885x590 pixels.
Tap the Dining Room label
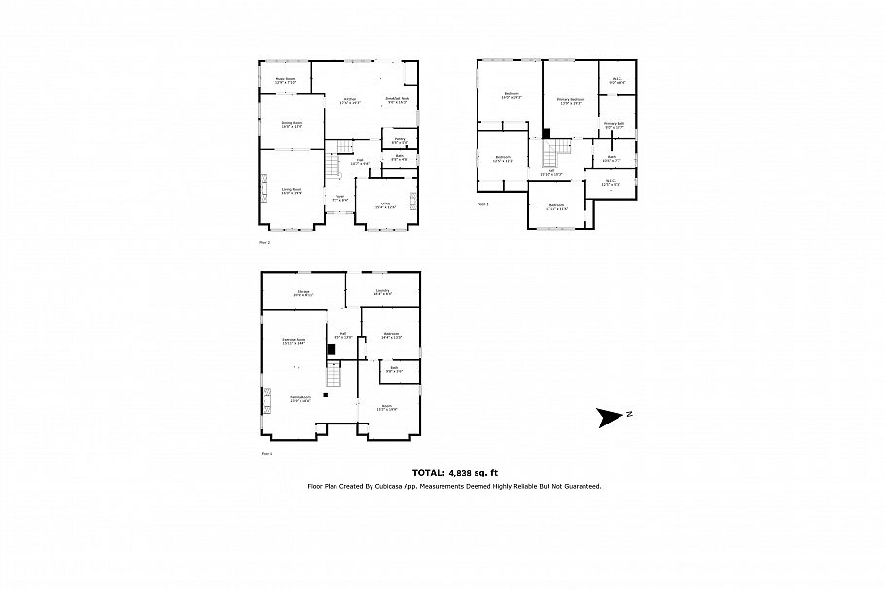coord(292,124)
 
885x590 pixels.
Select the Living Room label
coord(292,191)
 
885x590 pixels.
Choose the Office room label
coord(386,204)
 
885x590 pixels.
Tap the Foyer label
coord(339,199)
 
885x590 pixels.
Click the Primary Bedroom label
coord(570,101)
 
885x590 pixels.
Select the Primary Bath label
coord(614,125)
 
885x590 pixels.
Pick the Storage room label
coord(302,292)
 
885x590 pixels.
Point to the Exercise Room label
coord(294,341)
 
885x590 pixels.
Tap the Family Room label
coord(300,399)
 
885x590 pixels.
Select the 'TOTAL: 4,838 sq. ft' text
coord(454,472)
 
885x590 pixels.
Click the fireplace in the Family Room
coord(264,399)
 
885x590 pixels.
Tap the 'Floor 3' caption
coord(483,205)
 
